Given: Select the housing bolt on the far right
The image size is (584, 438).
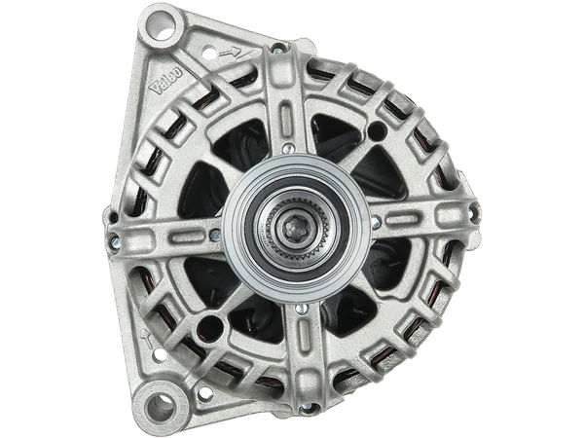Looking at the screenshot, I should click(x=474, y=212).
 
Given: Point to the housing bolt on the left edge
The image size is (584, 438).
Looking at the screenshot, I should click(x=116, y=239).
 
